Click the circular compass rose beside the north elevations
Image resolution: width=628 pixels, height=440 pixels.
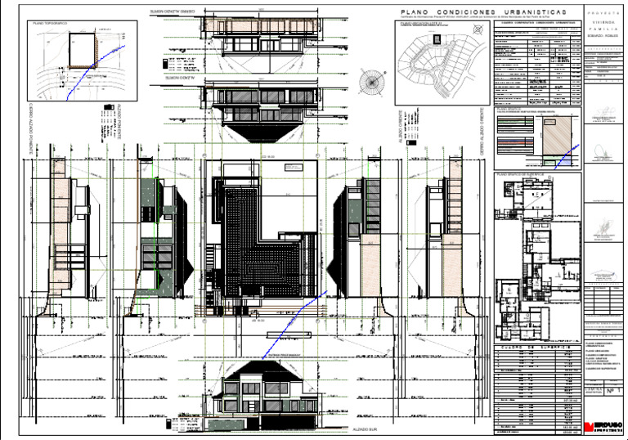pyautogui.click(x=373, y=81)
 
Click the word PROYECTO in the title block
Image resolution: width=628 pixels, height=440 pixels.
pyautogui.click(x=604, y=13)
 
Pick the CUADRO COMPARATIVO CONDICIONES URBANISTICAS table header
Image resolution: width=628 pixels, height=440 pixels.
pyautogui.click(x=536, y=23)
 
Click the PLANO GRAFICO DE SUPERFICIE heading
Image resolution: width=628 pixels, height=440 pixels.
pyautogui.click(x=525, y=174)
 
